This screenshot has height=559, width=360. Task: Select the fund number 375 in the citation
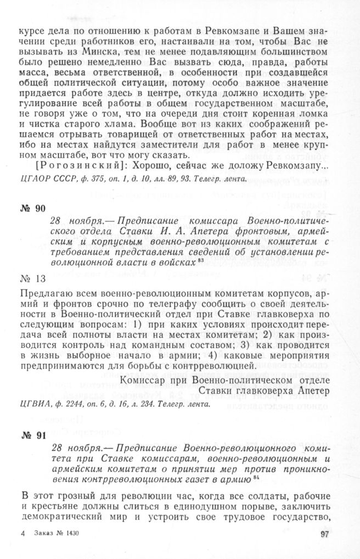(x=100, y=178)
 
